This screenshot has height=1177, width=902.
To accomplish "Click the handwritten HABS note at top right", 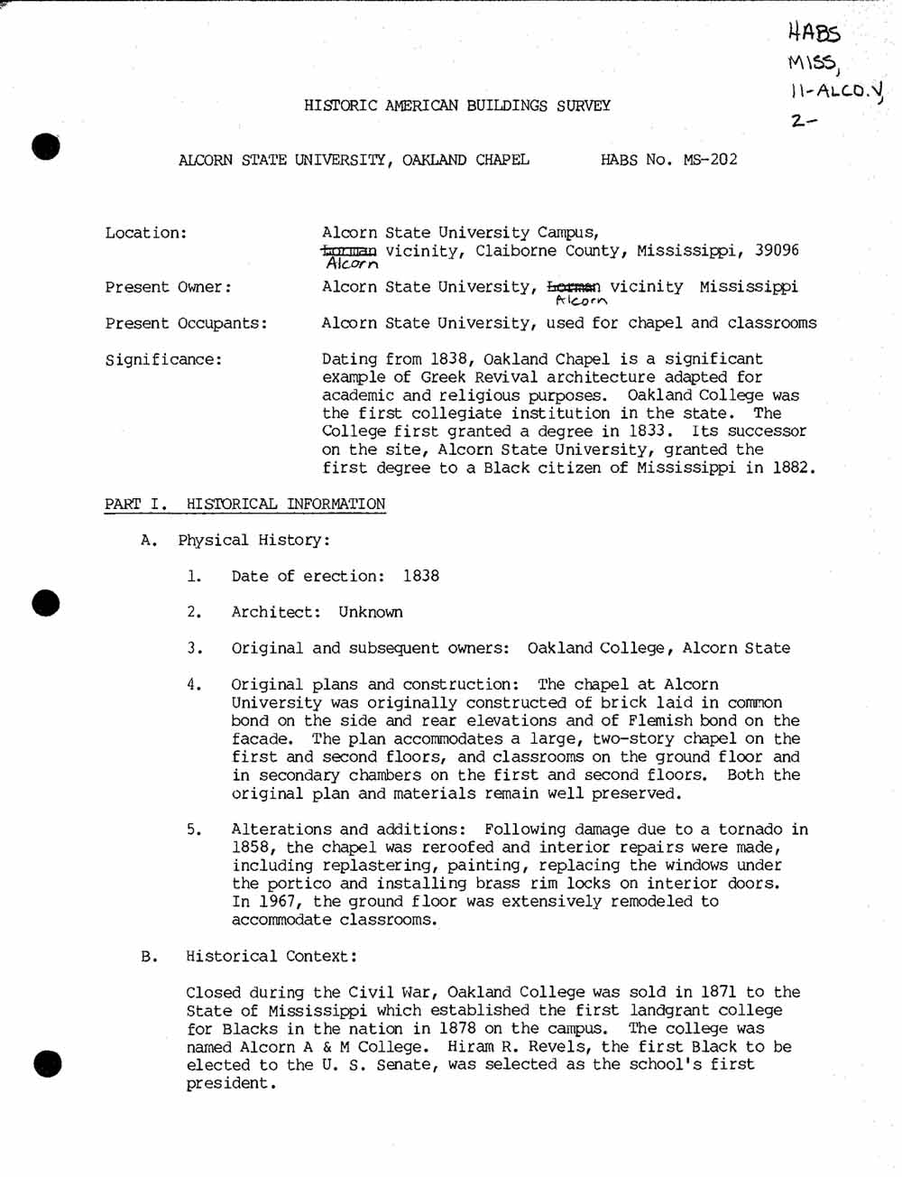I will coord(814,33).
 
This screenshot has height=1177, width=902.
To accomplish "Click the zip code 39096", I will coord(777,250).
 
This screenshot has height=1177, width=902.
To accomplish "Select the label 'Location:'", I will coord(146,233).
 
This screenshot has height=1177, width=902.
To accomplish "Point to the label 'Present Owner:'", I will coord(168,287).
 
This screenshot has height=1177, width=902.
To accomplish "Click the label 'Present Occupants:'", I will coord(186,323).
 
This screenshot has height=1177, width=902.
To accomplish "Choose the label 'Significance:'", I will coord(163,359).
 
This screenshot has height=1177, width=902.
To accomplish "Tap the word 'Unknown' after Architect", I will coord(371,612).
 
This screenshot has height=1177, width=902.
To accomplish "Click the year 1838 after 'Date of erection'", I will coord(421,576).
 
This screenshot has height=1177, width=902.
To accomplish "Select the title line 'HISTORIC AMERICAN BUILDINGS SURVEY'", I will coord(457,106).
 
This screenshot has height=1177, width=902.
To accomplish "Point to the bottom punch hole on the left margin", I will coord(47,1064).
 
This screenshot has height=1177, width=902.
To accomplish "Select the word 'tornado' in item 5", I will coord(750,829).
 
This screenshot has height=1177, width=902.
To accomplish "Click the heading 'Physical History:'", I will coord(253,540).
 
